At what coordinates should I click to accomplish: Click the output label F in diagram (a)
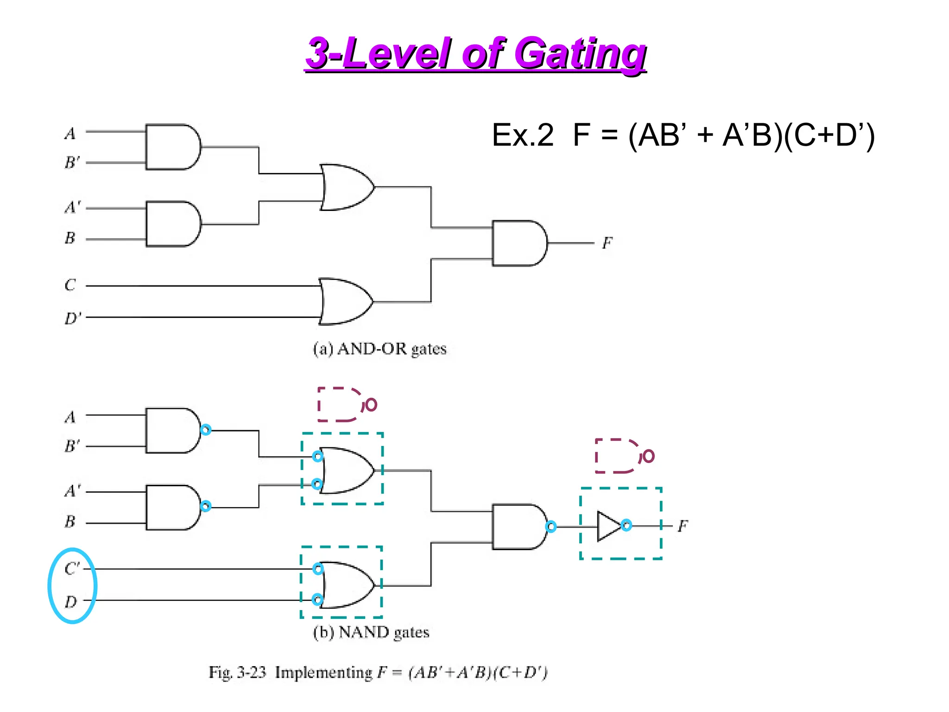click(x=607, y=242)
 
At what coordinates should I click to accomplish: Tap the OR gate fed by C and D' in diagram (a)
click(x=345, y=301)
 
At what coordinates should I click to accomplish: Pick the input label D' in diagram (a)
click(x=72, y=318)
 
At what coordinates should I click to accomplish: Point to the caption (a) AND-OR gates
click(x=380, y=349)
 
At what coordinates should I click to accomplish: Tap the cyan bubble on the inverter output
click(x=626, y=525)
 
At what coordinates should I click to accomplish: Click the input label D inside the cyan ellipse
click(x=70, y=602)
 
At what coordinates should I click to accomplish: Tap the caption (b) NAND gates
click(x=371, y=632)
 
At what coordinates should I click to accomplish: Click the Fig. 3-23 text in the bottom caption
click(x=237, y=672)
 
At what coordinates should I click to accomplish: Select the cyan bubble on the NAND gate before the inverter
click(x=551, y=527)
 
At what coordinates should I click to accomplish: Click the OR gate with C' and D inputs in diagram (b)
click(x=347, y=585)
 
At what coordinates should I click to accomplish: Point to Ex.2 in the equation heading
click(x=523, y=135)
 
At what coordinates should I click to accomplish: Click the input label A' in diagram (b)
click(x=72, y=490)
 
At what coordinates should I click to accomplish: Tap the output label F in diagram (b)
click(x=683, y=526)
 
